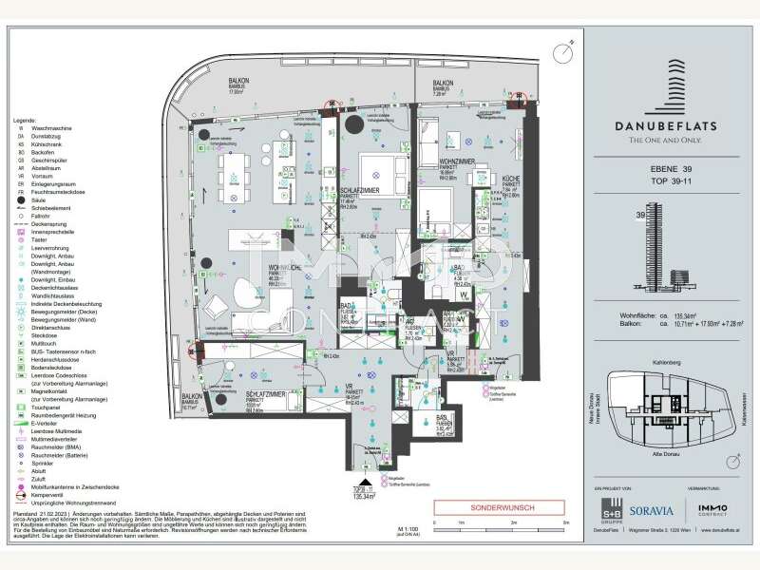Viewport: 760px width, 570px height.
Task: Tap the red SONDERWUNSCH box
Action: [x=485, y=507]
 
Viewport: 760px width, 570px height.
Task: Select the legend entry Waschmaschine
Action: [x=40, y=130]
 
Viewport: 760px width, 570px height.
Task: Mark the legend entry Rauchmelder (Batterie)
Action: [x=49, y=456]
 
